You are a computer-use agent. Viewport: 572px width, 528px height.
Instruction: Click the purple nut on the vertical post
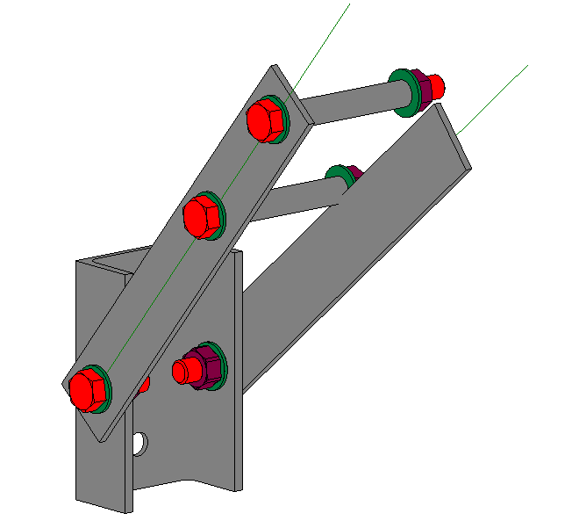(205, 365)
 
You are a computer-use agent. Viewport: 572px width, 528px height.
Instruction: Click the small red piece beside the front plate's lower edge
(145, 383)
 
